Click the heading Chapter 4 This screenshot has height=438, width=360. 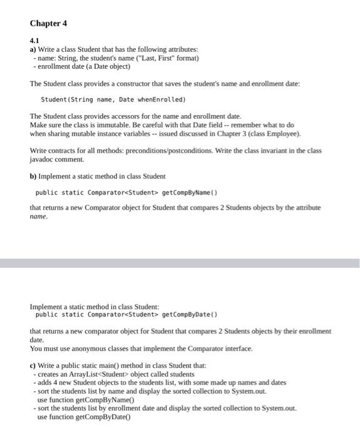coord(48,24)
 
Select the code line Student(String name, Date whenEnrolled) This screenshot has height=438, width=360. coord(113,99)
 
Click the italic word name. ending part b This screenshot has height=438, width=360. coord(39,216)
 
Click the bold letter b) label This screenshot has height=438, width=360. coord(33,176)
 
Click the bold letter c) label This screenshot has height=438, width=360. coord(33,365)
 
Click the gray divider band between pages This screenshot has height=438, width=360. coord(180,263)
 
